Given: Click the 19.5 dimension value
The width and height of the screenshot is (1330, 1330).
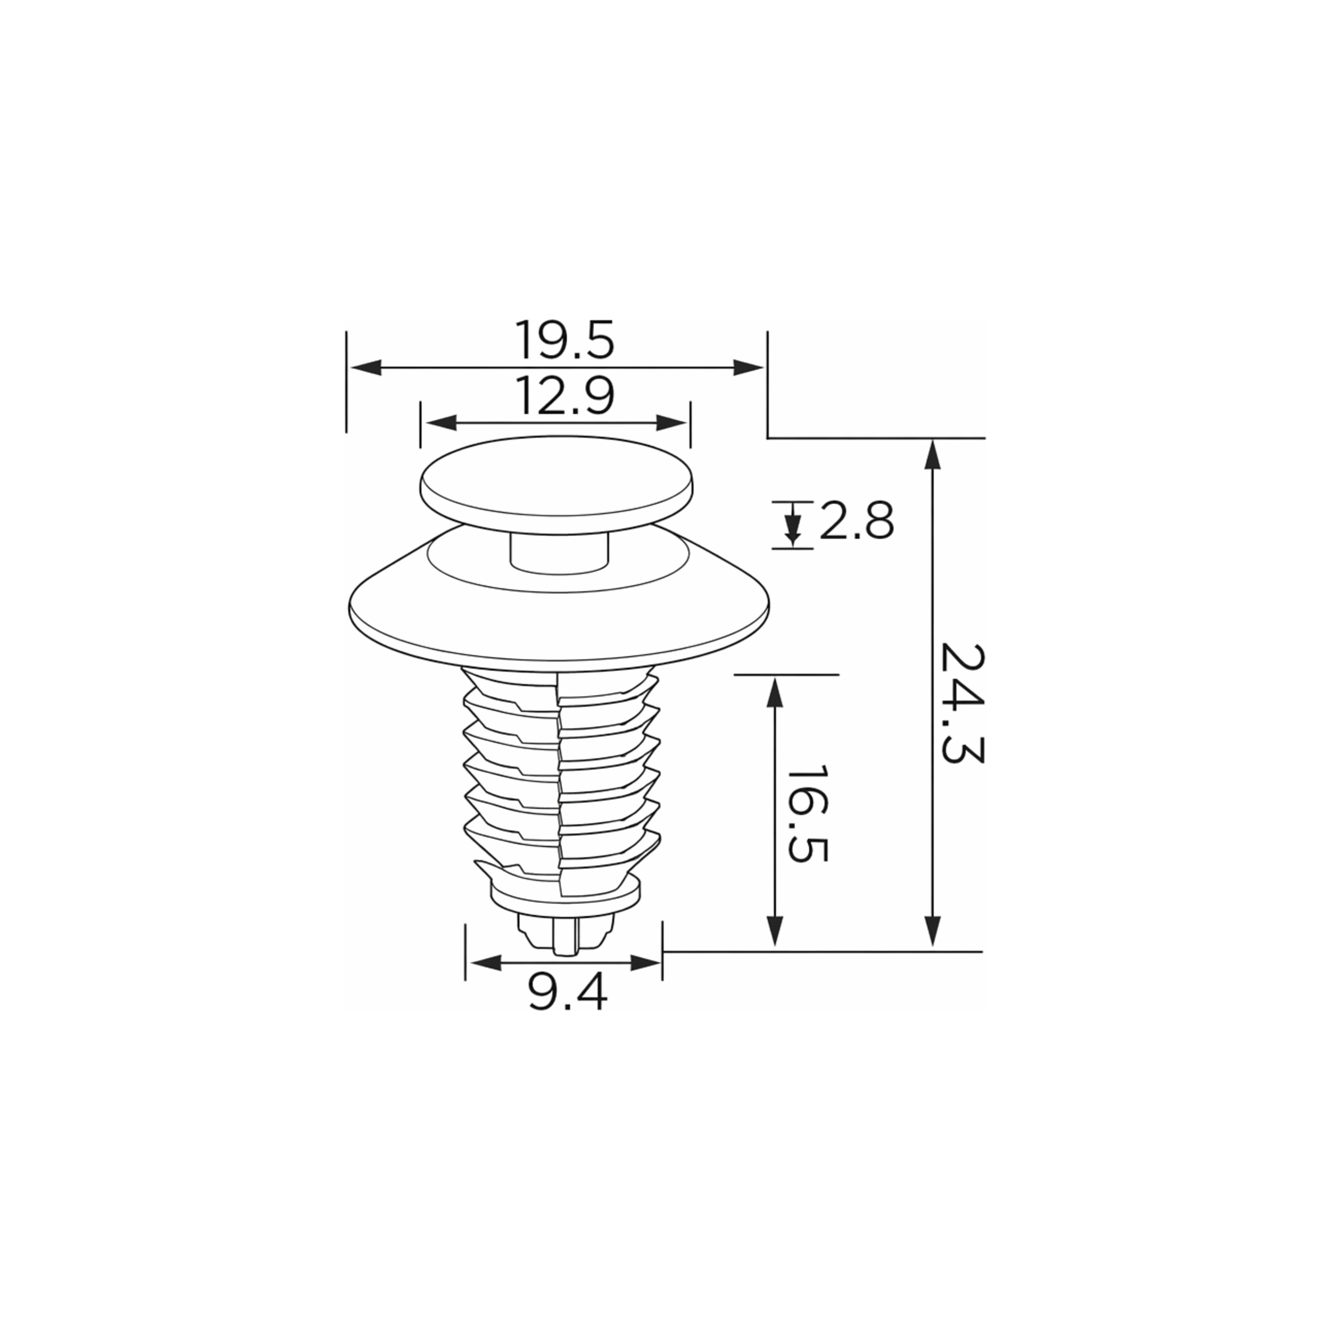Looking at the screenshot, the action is pyautogui.click(x=564, y=340).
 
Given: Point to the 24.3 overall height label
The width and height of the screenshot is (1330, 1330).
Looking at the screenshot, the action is pyautogui.click(x=962, y=703).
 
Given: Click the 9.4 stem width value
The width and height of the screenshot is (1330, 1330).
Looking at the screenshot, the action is pyautogui.click(x=569, y=993).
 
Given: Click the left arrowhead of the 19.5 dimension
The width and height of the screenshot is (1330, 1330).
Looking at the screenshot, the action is pyautogui.click(x=365, y=368).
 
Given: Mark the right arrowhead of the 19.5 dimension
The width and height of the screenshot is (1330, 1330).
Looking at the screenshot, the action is pyautogui.click(x=749, y=368).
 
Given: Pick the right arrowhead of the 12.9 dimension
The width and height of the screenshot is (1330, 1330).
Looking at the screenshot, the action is pyautogui.click(x=672, y=423).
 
